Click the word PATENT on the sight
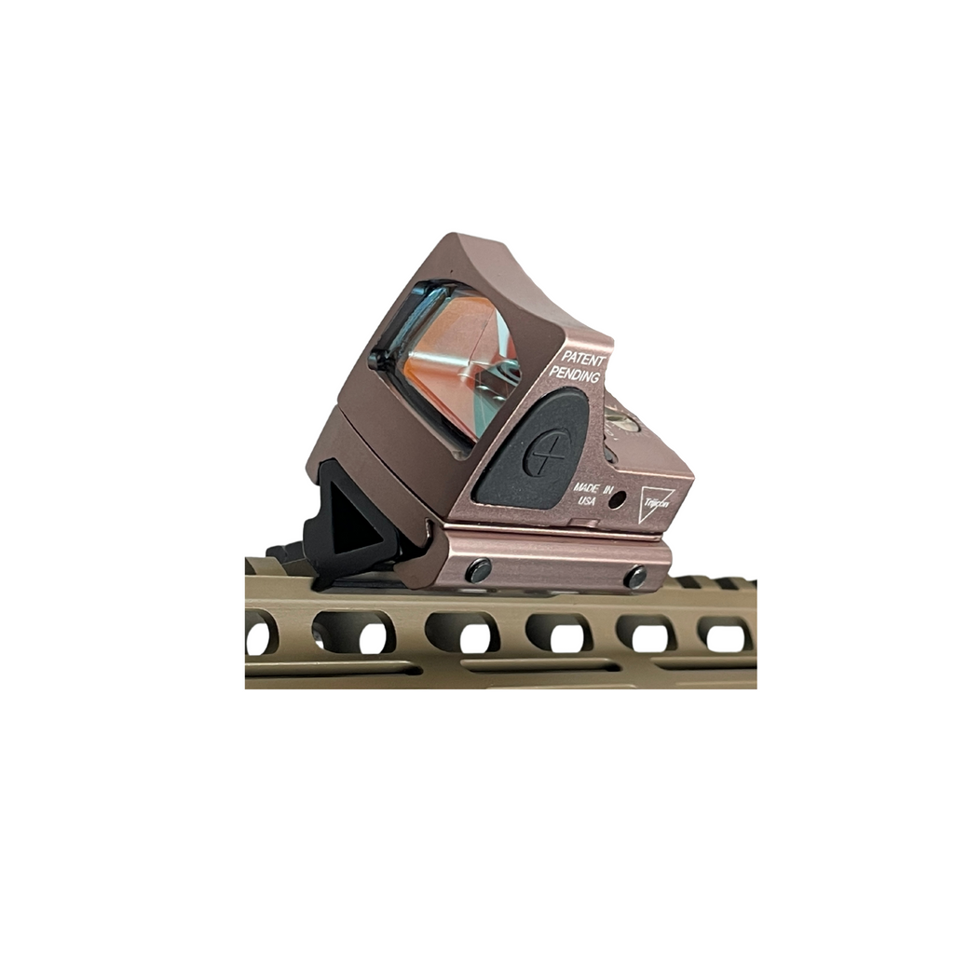coord(584,358)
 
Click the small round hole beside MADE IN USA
coord(616,500)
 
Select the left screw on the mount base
coord(479,570)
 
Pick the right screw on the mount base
coord(636,576)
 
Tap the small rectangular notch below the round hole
coord(590,525)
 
